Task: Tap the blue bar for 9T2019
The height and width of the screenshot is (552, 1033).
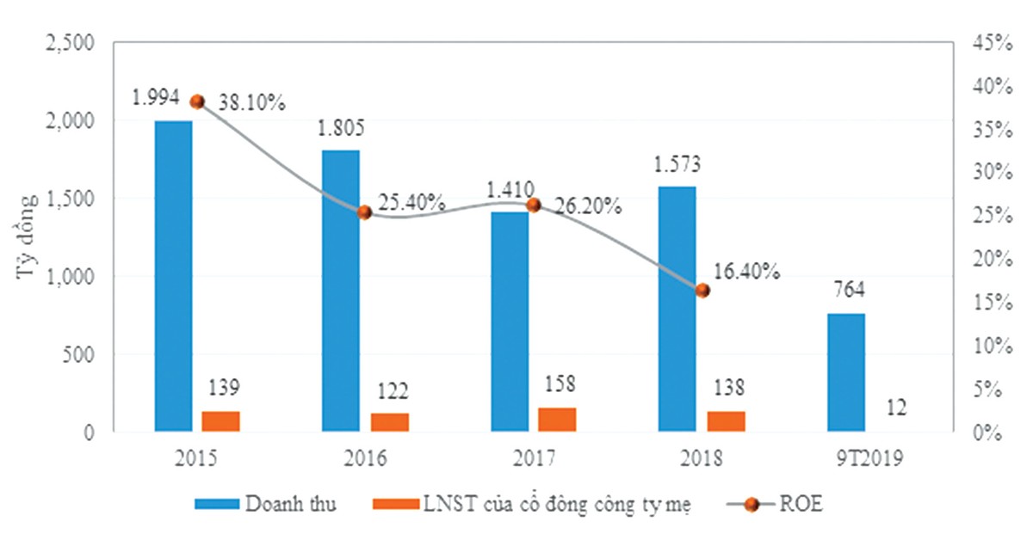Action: [846, 371]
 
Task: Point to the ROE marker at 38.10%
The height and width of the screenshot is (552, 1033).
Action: [197, 101]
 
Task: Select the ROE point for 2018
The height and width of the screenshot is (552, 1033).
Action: [702, 291]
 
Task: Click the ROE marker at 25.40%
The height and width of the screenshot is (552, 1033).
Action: [364, 212]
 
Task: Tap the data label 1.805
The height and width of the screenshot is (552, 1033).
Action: [341, 130]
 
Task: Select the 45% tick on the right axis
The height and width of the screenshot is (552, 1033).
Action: [988, 42]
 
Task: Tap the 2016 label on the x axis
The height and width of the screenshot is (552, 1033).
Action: [365, 458]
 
